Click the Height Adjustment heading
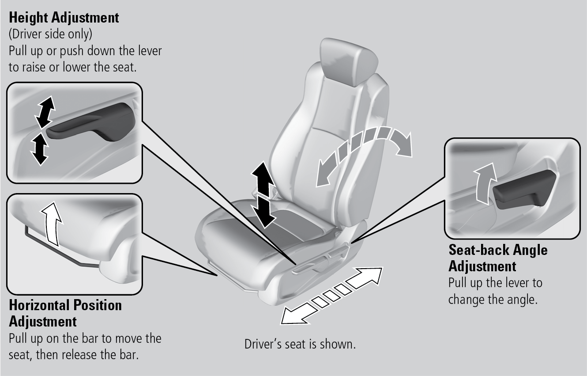64,18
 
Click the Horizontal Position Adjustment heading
65,313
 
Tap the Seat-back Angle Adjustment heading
498,258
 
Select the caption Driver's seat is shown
300,344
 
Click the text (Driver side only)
50,34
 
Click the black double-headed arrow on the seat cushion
264,194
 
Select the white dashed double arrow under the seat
331,296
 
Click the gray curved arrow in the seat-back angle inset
484,183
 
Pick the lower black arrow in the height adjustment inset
40,149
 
